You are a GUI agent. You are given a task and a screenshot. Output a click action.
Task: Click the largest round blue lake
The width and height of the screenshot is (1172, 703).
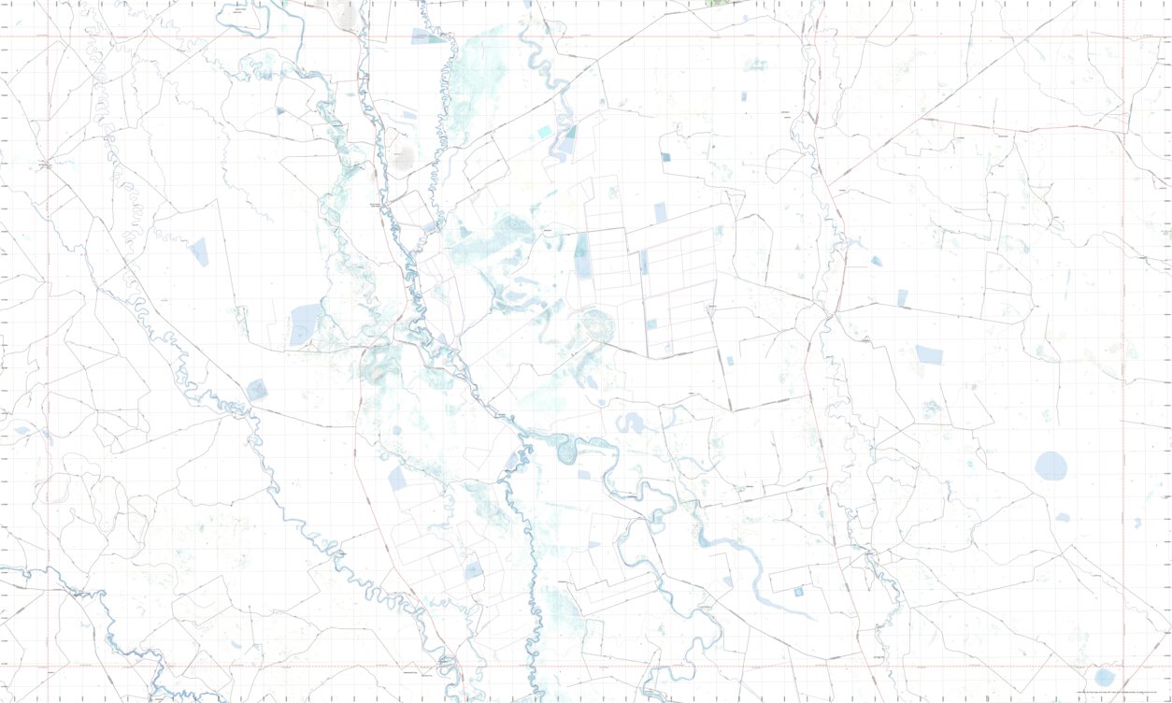point(1051,466)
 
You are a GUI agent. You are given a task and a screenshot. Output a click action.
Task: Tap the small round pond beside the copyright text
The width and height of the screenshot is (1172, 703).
point(1105,677)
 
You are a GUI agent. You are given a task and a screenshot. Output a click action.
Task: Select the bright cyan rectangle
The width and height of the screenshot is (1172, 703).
point(545,133)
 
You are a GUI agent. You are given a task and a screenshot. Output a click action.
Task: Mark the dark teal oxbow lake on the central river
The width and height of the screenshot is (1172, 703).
point(565,452)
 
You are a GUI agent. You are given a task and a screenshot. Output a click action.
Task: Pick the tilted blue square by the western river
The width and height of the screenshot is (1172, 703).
point(256,390)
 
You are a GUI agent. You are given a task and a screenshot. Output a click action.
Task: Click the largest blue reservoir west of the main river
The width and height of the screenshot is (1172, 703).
point(304,324)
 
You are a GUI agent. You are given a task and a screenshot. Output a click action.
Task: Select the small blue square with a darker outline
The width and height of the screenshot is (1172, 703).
point(798,592)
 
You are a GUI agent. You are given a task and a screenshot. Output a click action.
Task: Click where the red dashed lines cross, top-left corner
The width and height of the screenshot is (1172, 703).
point(49,37)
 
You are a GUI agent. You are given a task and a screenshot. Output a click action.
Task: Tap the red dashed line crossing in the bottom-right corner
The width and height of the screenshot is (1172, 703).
point(1123,667)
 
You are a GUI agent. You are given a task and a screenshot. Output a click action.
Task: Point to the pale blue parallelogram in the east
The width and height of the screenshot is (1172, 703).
point(929,354)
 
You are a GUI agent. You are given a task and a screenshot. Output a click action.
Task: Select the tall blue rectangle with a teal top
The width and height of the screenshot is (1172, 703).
point(582,257)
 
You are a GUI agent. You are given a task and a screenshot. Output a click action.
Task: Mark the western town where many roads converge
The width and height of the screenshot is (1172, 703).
point(45,165)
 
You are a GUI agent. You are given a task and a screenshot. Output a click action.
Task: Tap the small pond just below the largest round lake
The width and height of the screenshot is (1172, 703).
point(1063,517)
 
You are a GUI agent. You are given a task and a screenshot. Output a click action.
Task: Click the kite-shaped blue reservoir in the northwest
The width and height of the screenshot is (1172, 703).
point(199,251)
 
